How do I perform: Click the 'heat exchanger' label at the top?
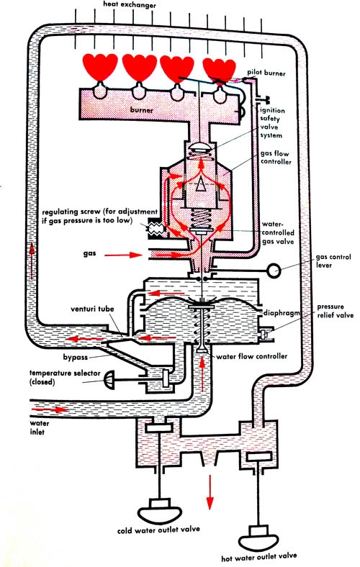coord(130,5)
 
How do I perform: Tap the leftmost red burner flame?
coord(100,67)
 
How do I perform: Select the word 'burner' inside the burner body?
coord(141,109)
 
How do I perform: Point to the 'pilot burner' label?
coord(266,73)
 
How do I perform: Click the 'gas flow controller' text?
coord(276,158)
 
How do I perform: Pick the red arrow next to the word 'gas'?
coord(124,255)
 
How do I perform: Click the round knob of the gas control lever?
coord(274,271)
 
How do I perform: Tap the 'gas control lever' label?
coord(333,260)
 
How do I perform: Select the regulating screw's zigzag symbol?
coord(156,229)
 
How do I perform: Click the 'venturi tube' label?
coord(92,309)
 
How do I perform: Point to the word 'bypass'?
coord(76,358)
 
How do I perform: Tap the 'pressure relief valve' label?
coord(336,311)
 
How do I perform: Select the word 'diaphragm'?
coord(282,313)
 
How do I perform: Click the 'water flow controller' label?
coord(252,356)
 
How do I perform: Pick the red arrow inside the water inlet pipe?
coord(50,409)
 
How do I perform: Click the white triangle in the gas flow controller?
coord(200,185)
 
